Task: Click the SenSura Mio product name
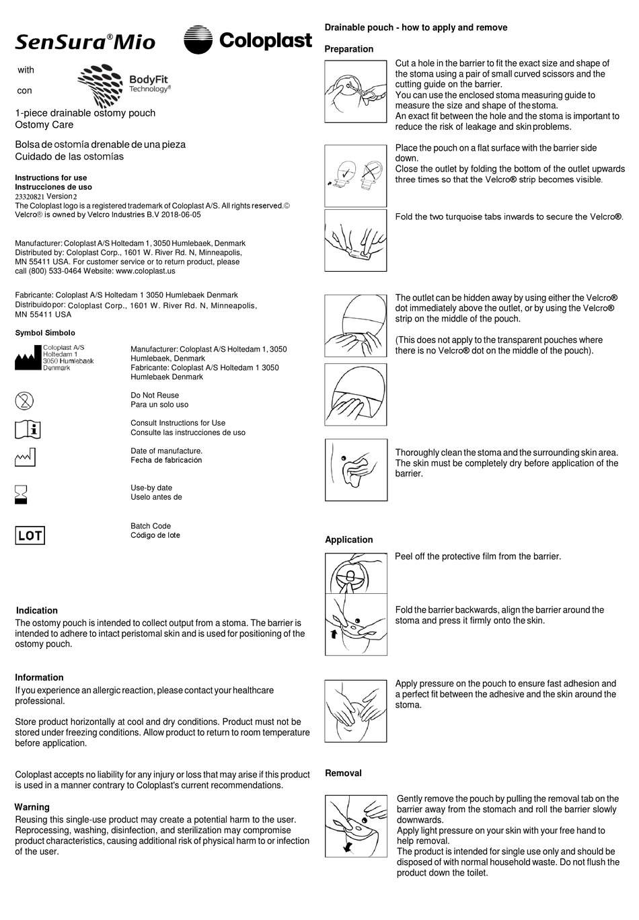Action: coord(85,42)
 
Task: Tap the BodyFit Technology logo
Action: coord(124,86)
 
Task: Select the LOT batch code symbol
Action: coord(30,535)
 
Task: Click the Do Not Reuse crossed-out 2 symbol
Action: coord(24,401)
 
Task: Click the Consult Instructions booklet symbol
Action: coord(28,429)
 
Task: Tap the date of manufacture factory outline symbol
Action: coord(25,457)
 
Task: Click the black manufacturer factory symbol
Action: coord(28,360)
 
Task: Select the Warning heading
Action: coord(32,807)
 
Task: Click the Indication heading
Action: coord(37,611)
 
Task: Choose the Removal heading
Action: coord(343,773)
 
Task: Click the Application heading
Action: coord(348,539)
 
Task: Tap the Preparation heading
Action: coord(348,49)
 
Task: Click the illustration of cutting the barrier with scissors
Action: coord(356,91)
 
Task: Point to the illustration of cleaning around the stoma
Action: coord(356,469)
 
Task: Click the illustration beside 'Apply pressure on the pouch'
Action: coord(356,711)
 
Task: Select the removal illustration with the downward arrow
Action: coord(356,827)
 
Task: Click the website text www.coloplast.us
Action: coord(145,271)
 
